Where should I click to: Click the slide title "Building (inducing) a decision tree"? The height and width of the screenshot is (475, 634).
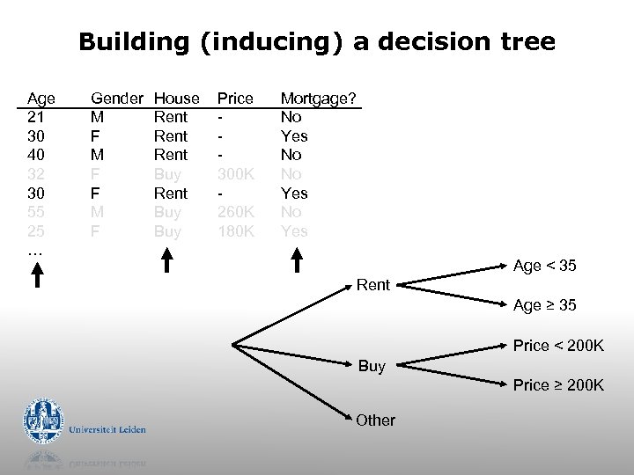[317, 41]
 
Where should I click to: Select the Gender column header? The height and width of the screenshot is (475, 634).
[117, 98]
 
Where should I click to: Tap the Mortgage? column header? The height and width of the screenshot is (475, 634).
[318, 98]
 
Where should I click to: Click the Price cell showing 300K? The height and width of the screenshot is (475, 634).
[235, 174]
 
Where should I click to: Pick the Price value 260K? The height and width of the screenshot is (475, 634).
[235, 212]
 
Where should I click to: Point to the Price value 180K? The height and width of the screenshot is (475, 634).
[235, 231]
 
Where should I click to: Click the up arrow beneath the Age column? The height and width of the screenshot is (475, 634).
[37, 275]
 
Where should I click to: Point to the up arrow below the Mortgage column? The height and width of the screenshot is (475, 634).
[297, 260]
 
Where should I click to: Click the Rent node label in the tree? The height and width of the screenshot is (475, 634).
[372, 285]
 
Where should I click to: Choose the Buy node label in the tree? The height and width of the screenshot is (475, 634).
[372, 366]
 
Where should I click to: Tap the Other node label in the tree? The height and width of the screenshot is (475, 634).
[375, 420]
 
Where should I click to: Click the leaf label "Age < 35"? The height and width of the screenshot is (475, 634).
[544, 266]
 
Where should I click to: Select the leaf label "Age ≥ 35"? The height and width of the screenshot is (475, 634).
[544, 305]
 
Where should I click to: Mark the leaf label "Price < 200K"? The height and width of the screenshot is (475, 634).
[558, 346]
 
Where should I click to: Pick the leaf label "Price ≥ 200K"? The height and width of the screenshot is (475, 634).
[558, 385]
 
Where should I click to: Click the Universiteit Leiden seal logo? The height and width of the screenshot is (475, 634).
[43, 421]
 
